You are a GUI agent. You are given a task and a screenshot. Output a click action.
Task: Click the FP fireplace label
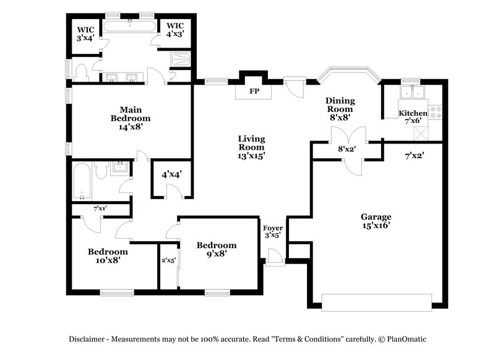[x=254, y=92]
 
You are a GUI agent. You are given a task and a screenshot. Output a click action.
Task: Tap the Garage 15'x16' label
[x=376, y=221]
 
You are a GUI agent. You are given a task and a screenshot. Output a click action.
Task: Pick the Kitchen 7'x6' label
[x=412, y=117]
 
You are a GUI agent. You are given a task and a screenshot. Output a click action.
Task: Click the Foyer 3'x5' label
[x=273, y=231]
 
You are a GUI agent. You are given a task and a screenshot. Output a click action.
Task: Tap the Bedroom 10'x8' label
[x=108, y=256]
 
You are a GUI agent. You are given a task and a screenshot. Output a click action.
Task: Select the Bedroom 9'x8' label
[x=217, y=249]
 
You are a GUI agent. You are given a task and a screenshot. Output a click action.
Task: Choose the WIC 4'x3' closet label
[x=176, y=30]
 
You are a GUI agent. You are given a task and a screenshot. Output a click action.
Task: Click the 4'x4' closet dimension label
[x=172, y=174]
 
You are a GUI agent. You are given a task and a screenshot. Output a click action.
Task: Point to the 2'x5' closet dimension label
[x=168, y=260]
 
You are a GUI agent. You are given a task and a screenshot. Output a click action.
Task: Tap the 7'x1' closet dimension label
[x=100, y=209]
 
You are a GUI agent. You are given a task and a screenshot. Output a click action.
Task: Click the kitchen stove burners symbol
[x=436, y=112]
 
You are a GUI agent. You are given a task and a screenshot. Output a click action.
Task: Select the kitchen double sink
[x=412, y=93]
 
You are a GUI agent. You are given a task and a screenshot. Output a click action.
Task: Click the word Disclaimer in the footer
[x=90, y=339]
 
